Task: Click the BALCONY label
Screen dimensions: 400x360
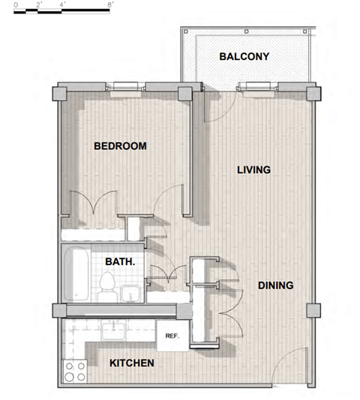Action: point(244,57)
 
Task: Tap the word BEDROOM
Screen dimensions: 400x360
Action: point(120,146)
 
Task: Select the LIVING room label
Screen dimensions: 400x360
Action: point(253,170)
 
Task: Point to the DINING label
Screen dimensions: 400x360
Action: point(275,285)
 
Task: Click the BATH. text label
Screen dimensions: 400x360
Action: point(120,262)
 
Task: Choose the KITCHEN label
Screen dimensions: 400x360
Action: point(132,363)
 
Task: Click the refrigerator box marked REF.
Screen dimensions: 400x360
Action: point(171,336)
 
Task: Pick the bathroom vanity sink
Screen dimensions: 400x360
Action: point(128,291)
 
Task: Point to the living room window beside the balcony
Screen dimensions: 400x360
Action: point(257,86)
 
